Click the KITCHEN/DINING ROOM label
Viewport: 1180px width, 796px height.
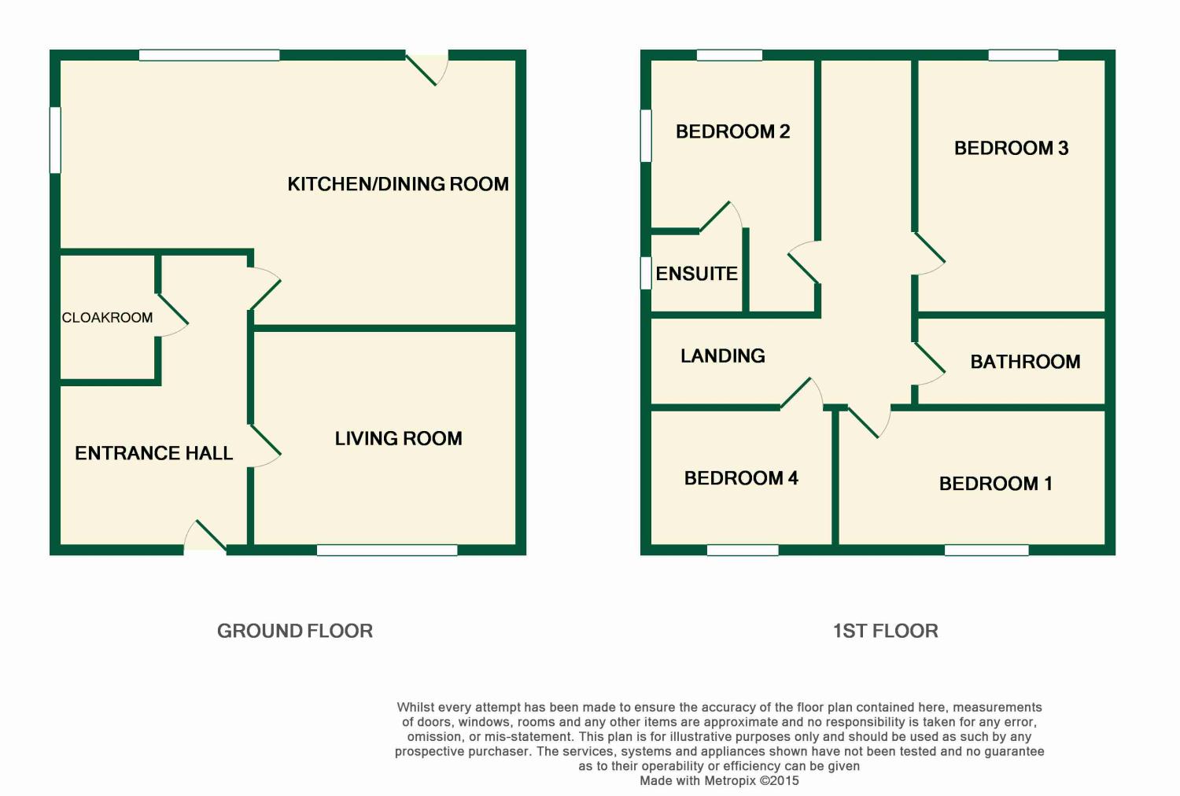click(398, 184)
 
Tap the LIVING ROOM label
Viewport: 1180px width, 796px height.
click(399, 438)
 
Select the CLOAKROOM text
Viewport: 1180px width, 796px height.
click(108, 318)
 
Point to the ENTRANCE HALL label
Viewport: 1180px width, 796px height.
click(154, 453)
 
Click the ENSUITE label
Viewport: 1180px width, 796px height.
click(696, 274)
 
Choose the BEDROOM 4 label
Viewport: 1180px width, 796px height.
click(741, 478)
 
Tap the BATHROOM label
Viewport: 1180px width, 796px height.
click(1025, 362)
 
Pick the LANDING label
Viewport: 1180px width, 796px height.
click(723, 356)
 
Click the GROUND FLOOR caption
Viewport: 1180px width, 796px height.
click(295, 631)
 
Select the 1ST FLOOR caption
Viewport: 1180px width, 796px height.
click(886, 631)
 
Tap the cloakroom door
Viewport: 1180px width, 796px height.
click(172, 315)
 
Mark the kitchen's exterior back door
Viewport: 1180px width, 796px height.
click(426, 68)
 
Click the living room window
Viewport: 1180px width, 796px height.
click(387, 550)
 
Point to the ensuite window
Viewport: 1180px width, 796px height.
click(646, 273)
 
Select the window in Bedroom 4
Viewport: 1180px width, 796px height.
click(743, 550)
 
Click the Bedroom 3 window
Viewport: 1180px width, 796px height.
click(1023, 55)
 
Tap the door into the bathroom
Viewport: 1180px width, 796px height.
click(929, 363)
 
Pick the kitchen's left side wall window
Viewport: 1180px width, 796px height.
click(55, 140)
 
